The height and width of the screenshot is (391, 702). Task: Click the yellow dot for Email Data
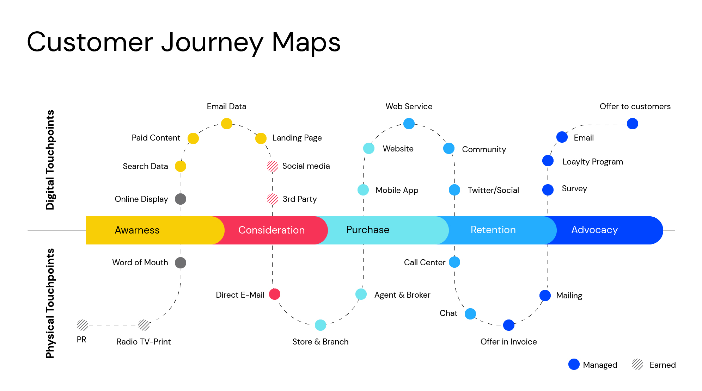point(227,124)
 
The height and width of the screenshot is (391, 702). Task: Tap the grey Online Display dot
point(181,199)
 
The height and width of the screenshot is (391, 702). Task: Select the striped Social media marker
point(273,166)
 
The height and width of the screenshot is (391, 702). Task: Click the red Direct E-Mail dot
point(275,294)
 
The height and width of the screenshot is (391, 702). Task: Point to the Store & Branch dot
point(321,325)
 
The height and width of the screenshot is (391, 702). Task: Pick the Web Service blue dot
point(409,124)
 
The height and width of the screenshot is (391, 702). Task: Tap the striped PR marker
point(83,325)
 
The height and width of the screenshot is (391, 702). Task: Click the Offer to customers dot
point(633,124)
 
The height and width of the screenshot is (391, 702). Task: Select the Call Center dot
point(454,262)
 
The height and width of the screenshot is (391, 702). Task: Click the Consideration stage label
point(271,230)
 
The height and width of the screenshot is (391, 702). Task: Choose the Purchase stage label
point(368,230)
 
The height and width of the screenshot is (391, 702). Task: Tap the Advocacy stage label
point(594,230)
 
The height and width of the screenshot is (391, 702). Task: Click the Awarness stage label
point(137,230)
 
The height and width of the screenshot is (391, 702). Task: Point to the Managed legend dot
point(574,365)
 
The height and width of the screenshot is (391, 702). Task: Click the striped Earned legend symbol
point(637,365)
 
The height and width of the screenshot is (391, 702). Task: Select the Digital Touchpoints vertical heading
point(50,160)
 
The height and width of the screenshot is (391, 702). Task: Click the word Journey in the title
point(212,42)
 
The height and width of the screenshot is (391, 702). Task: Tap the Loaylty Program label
point(593,162)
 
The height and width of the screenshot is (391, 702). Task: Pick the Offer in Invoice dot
point(509,325)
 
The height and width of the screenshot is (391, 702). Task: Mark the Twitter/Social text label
point(493,190)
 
